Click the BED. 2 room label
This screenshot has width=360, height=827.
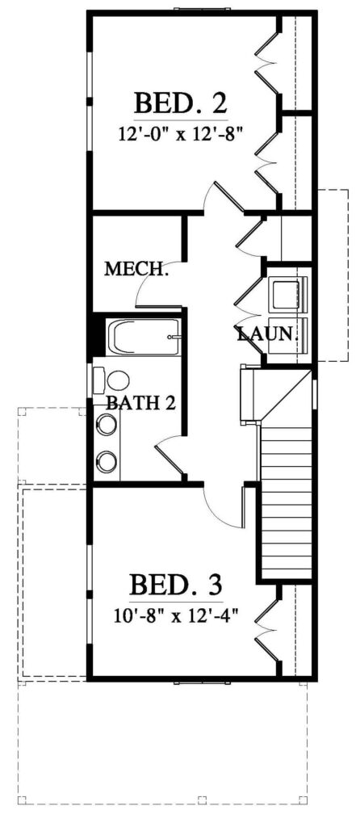point(181,103)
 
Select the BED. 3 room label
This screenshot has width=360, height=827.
point(176,585)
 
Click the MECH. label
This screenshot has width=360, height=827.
point(136,270)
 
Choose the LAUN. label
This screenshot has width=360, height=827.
point(268,334)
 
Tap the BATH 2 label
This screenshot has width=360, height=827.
point(140,404)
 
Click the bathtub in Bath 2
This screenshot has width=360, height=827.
point(144,337)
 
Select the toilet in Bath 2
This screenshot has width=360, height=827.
point(111,380)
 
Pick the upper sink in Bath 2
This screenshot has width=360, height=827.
point(107,425)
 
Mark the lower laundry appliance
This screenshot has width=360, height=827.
point(289,339)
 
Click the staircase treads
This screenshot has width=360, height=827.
point(287,502)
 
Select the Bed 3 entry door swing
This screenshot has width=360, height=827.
point(224,507)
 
